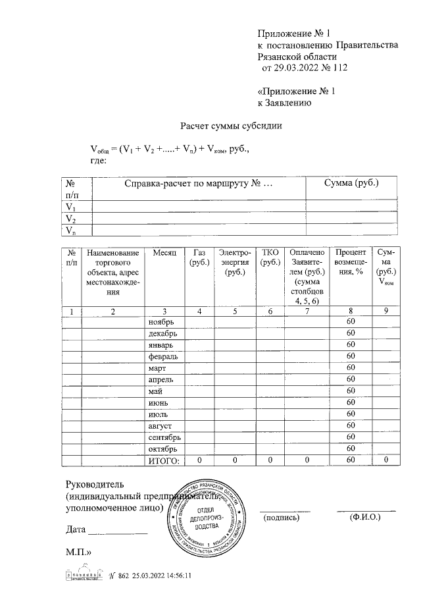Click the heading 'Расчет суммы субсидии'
click(231, 126)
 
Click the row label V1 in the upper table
click(70, 206)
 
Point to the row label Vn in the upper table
click(70, 230)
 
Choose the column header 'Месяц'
click(163, 254)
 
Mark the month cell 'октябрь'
click(164, 448)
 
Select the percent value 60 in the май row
click(351, 391)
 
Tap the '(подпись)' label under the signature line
click(281, 518)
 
